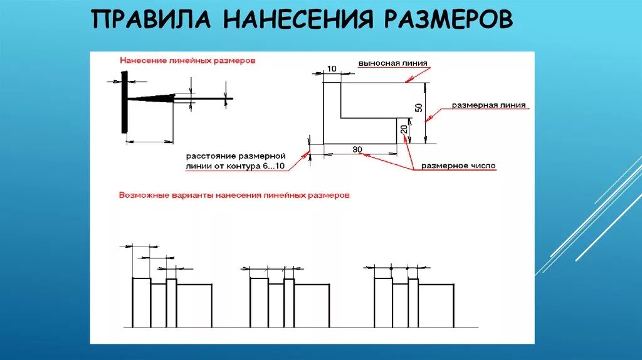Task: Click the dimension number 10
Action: (332, 68)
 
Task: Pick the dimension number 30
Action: (357, 149)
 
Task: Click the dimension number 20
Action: (404, 131)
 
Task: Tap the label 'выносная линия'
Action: (393, 63)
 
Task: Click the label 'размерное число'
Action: (458, 166)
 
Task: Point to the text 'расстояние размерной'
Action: (236, 155)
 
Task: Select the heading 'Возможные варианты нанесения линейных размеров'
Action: (234, 195)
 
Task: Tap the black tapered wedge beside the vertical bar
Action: (154, 98)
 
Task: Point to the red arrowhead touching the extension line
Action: (408, 80)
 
